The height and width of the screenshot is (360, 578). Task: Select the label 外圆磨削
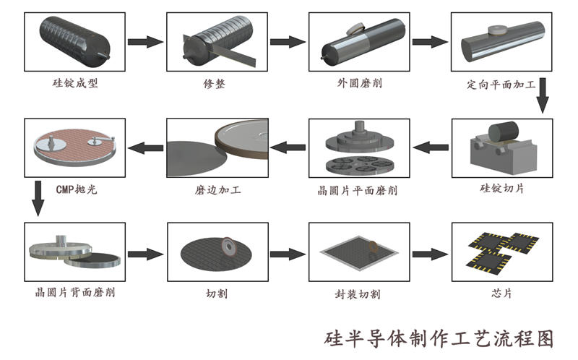pyautogui.click(x=359, y=83)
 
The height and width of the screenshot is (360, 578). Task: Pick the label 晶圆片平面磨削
pyautogui.click(x=358, y=191)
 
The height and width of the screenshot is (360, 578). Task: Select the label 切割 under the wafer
pyautogui.click(x=215, y=293)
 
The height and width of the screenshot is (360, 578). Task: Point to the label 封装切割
pyautogui.click(x=357, y=294)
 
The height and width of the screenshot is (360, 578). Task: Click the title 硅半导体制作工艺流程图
pyautogui.click(x=439, y=338)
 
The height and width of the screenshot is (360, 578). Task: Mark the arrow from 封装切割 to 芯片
pyautogui.click(x=428, y=254)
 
